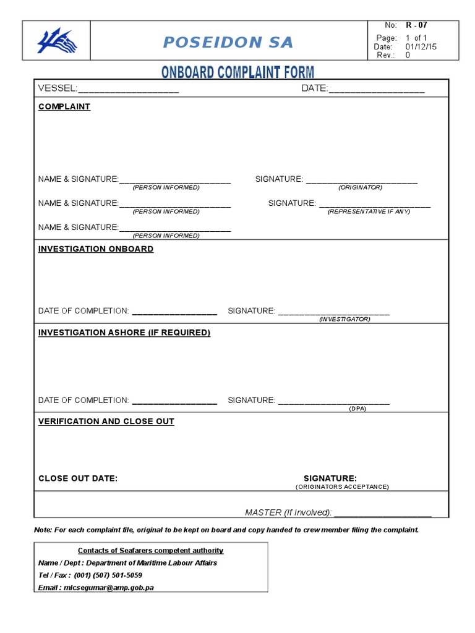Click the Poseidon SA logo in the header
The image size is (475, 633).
57,41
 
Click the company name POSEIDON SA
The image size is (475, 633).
228,42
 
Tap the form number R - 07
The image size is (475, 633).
416,25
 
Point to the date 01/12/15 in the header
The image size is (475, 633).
421,46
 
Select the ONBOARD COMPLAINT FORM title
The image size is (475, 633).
237,72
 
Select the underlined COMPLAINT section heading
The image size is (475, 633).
64,106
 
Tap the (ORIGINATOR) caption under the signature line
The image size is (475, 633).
360,187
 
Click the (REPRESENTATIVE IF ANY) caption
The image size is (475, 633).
369,211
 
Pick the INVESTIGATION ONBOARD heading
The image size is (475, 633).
96,249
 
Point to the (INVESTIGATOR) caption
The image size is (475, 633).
344,319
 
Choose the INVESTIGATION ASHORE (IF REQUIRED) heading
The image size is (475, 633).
124,333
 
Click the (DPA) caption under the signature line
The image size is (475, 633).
357,409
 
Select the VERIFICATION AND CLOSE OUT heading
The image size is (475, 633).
106,422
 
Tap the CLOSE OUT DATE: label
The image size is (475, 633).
78,478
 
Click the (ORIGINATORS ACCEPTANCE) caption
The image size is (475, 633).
342,487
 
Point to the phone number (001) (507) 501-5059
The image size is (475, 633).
108,575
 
